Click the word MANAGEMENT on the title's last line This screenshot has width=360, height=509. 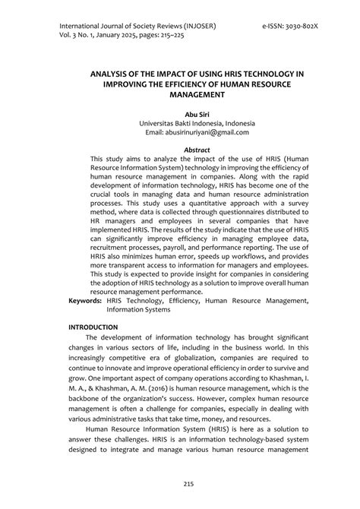[x=180, y=96]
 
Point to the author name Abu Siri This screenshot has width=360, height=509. [x=180, y=112]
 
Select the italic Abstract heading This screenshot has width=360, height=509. [x=180, y=150]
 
